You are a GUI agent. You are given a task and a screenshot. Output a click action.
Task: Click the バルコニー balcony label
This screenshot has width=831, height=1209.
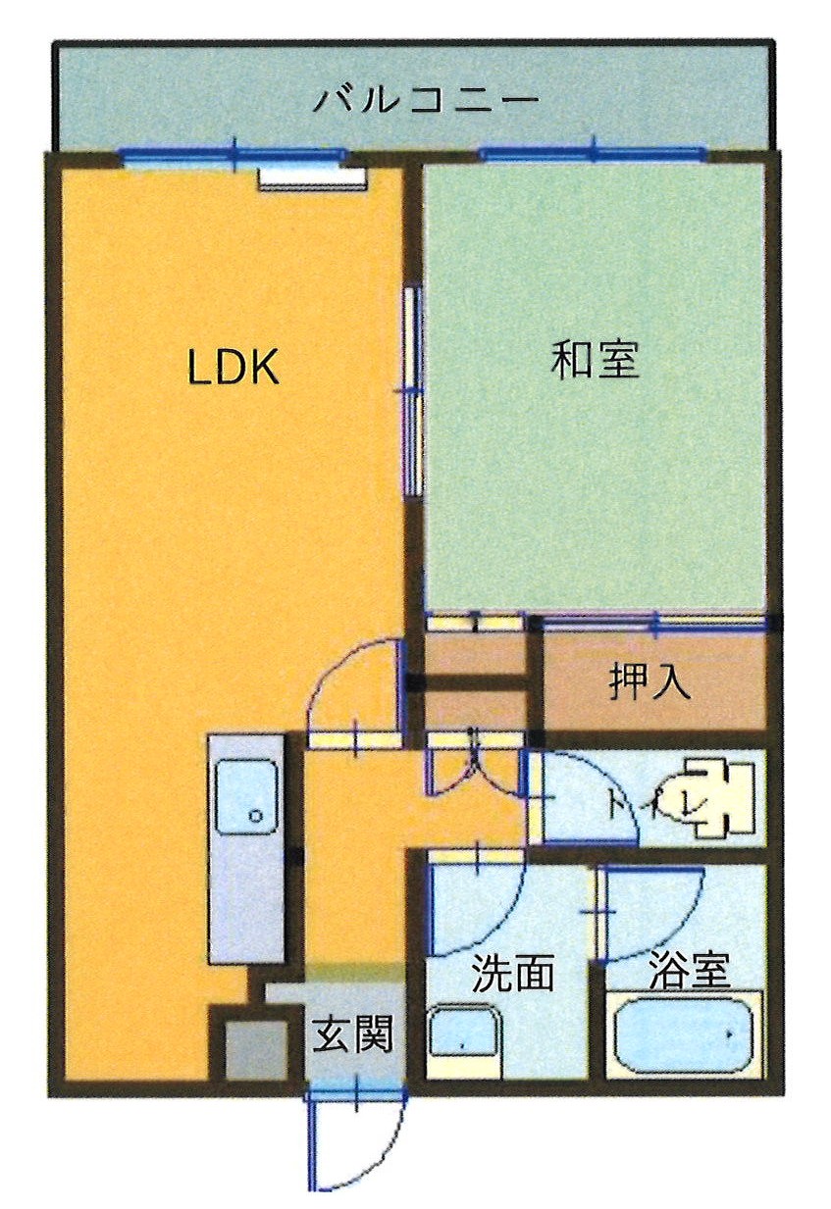point(426,100)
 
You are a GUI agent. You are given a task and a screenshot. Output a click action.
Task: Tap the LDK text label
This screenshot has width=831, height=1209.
point(234,367)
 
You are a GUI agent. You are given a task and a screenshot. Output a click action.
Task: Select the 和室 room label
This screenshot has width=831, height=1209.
point(595,360)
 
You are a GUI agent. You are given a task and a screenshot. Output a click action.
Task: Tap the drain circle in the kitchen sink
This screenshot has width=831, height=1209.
point(254,816)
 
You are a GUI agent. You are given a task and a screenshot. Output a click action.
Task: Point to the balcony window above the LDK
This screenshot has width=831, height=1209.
point(233,156)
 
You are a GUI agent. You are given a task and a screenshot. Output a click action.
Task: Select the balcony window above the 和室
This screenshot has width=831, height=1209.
point(593,154)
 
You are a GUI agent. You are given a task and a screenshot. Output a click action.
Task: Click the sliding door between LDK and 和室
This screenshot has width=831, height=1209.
point(412,391)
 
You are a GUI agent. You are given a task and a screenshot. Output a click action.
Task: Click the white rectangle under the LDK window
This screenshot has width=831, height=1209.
point(313,178)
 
